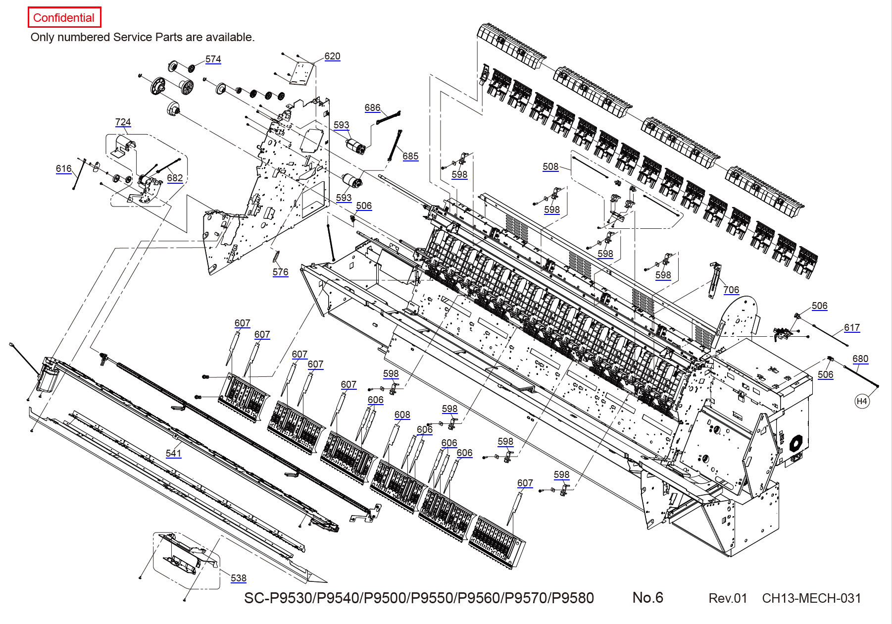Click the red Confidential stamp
(64, 18)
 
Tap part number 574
(213, 59)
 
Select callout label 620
(332, 56)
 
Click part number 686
(372, 108)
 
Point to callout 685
(410, 156)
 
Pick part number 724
(123, 122)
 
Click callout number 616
(63, 169)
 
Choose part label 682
(175, 178)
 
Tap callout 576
(280, 272)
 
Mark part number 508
(550, 167)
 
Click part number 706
(731, 290)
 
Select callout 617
(852, 328)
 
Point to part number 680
(860, 359)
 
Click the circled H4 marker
(862, 401)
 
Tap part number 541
(173, 454)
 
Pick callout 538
(238, 578)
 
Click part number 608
(402, 415)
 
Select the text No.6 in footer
(647, 598)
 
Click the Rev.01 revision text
(728, 598)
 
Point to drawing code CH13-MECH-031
(811, 598)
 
